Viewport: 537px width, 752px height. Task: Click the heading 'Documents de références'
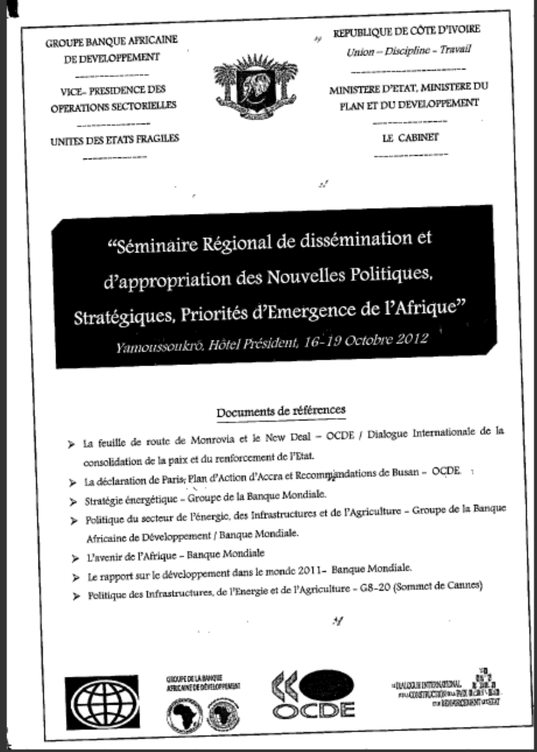(x=281, y=411)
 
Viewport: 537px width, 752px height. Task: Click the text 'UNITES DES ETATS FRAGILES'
(x=115, y=139)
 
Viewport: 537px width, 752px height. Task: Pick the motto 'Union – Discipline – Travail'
(x=409, y=50)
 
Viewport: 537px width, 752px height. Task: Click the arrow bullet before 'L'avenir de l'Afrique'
(x=75, y=558)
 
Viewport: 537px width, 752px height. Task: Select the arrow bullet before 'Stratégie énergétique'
(x=73, y=502)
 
